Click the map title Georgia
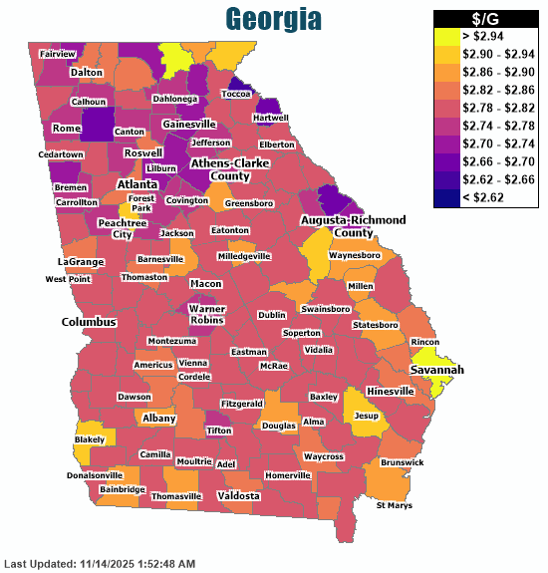[x=273, y=19]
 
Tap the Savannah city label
[x=436, y=370]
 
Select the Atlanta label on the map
[x=137, y=184]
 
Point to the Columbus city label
[x=89, y=322]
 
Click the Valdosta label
[x=238, y=495]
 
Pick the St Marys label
[x=393, y=506]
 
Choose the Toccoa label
[x=236, y=94]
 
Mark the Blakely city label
[x=89, y=439]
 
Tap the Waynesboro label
[x=356, y=255]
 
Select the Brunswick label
[x=402, y=462]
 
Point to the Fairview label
[x=56, y=54]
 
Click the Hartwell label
[x=272, y=117]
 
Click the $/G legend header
[x=485, y=19]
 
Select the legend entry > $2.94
[x=485, y=36]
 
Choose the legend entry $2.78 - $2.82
[x=485, y=108]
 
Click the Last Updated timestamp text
[x=100, y=564]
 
